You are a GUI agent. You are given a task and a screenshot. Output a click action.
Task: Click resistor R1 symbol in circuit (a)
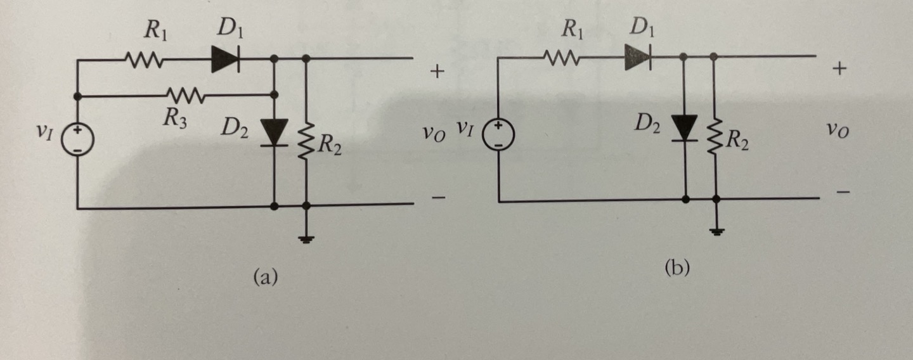(x=145, y=60)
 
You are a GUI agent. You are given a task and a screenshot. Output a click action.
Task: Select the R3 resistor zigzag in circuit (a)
(x=185, y=96)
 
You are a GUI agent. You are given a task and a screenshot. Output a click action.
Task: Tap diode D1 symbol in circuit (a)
(x=225, y=60)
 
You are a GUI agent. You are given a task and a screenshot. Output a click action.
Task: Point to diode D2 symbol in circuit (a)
(x=275, y=132)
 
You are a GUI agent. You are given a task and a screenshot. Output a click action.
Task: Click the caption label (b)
(x=677, y=268)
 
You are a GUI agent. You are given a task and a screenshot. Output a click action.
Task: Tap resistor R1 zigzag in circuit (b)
(x=561, y=58)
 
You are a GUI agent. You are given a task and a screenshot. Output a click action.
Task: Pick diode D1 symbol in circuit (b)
(x=638, y=58)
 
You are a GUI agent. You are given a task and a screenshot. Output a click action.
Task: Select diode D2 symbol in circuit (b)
(x=685, y=129)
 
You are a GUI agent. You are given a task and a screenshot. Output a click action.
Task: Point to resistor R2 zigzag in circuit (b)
(x=715, y=137)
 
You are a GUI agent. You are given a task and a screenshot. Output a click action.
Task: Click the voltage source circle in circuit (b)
(x=499, y=135)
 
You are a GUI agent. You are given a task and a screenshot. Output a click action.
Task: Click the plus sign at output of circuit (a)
(x=436, y=72)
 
